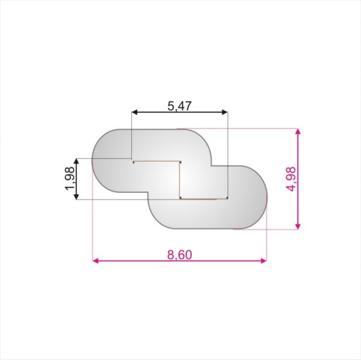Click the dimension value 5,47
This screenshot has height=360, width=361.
click(x=179, y=106)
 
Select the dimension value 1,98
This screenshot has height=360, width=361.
click(x=70, y=178)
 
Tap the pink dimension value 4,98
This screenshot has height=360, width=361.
click(x=291, y=179)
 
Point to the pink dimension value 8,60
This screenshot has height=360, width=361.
click(x=179, y=255)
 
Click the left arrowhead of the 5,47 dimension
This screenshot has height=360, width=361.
click(x=134, y=112)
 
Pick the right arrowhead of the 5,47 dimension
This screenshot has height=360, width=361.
click(x=224, y=112)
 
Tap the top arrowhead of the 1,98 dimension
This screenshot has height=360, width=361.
click(x=76, y=161)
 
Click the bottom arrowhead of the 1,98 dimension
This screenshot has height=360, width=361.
click(x=76, y=197)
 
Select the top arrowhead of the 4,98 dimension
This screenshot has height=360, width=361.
click(x=298, y=132)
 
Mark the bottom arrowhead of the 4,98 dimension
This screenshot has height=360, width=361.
click(x=298, y=226)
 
